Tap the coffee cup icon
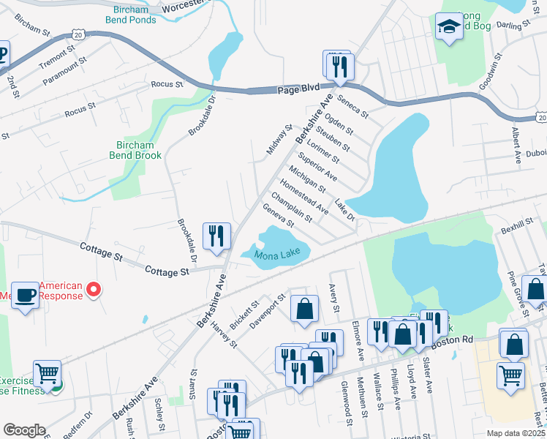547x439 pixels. point(25,295)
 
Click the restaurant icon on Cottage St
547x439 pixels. point(216,236)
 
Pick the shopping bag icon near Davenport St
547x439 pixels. point(304,309)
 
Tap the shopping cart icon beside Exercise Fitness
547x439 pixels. point(47,373)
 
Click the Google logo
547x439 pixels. point(24,430)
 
